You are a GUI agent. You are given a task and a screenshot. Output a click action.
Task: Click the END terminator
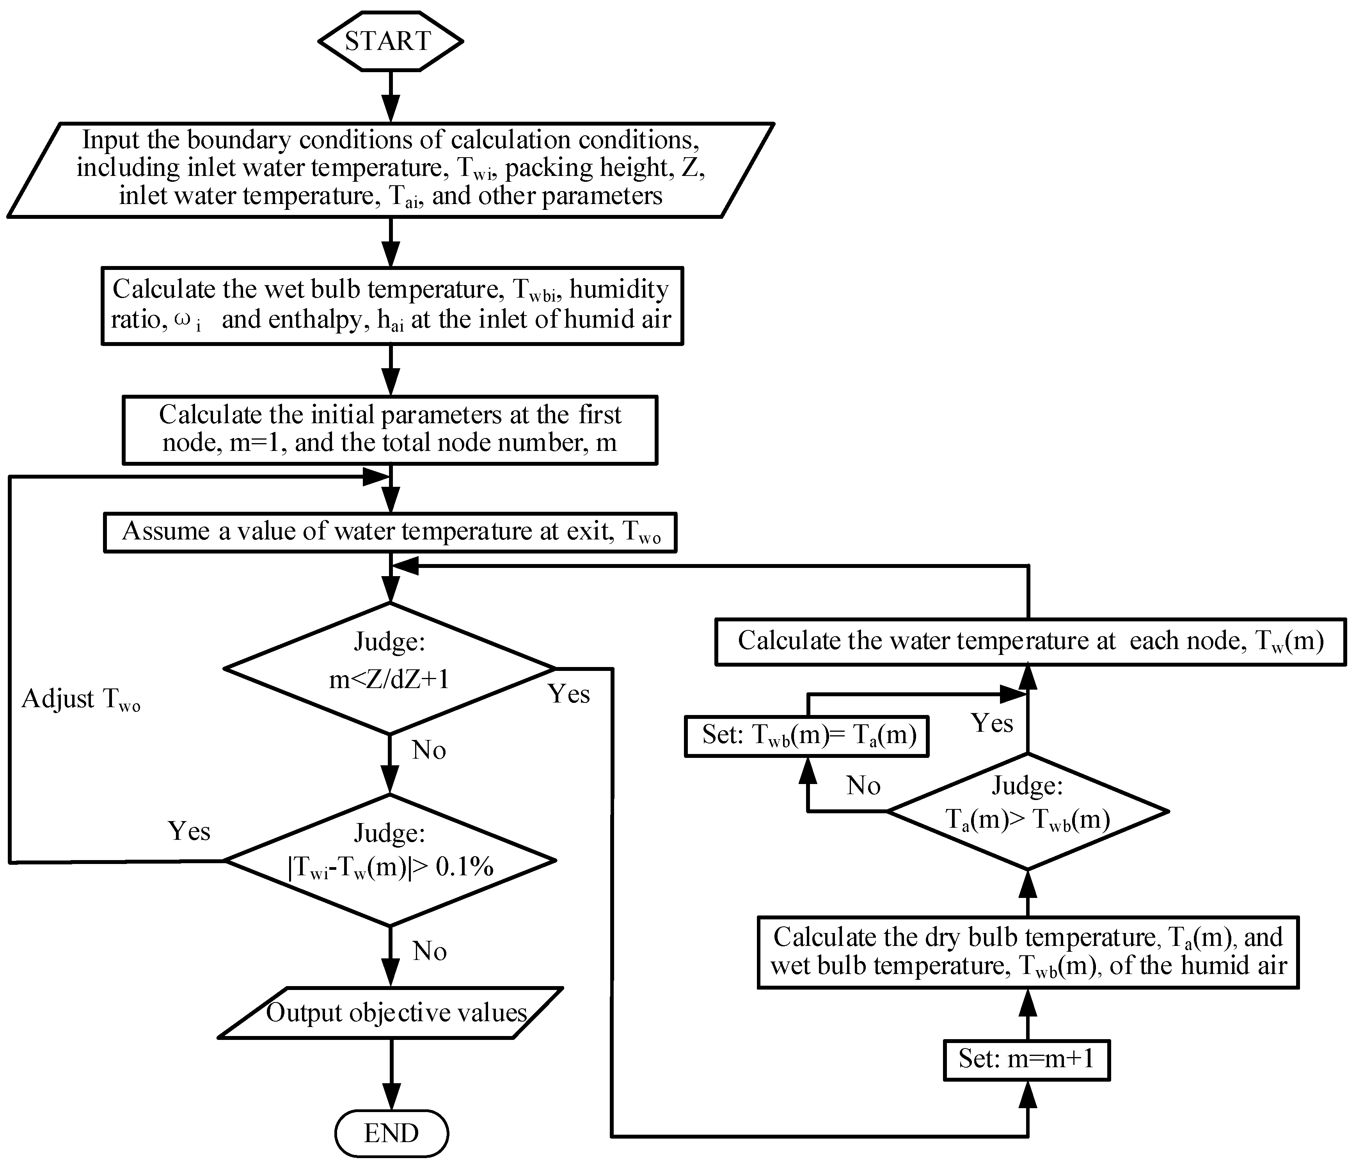point(391,1133)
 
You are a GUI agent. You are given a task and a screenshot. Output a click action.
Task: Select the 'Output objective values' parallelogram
point(391,1013)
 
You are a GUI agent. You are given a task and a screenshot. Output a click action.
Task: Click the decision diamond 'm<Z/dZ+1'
point(390,668)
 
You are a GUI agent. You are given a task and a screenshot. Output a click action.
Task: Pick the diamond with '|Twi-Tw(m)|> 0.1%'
point(390,860)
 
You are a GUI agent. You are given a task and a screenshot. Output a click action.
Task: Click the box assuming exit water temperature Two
point(390,532)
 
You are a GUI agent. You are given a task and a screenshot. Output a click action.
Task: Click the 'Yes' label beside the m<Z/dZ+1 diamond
point(568,694)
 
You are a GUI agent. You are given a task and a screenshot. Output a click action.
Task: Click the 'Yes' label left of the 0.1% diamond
point(189,832)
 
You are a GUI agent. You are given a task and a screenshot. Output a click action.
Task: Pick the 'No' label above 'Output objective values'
point(430,951)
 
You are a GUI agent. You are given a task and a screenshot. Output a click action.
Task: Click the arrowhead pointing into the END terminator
point(391,1098)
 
